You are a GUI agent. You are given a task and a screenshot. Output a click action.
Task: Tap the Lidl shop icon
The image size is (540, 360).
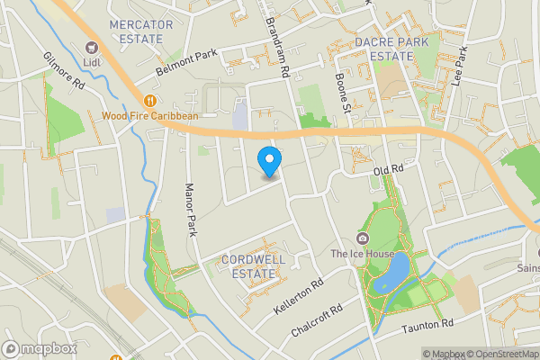90,47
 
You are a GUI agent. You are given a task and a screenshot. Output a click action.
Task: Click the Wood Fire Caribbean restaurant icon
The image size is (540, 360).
149,101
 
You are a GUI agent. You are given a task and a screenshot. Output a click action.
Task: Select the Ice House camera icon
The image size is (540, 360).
363,238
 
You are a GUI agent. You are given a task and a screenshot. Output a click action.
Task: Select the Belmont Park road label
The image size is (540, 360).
187,61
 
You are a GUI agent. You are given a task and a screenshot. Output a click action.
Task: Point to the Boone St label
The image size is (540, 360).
342,94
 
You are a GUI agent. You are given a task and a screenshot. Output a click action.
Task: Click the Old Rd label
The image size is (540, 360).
385,169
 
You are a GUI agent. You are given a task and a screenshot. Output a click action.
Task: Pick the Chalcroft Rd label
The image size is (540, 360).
317,321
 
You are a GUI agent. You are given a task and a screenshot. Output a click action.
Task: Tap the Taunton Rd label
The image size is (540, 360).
427,325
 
